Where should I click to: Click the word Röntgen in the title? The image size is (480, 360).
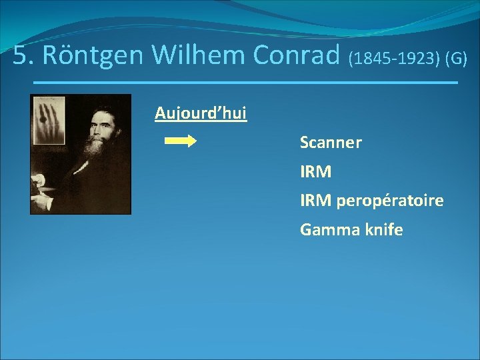point(94,56)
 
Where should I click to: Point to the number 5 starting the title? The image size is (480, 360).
point(21,56)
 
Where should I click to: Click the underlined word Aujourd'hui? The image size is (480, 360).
point(201,113)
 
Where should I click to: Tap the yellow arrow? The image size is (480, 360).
point(179,141)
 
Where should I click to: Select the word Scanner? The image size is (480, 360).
point(331,143)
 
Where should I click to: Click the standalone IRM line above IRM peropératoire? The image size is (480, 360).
point(315,172)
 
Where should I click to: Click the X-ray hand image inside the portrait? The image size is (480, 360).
point(48,121)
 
